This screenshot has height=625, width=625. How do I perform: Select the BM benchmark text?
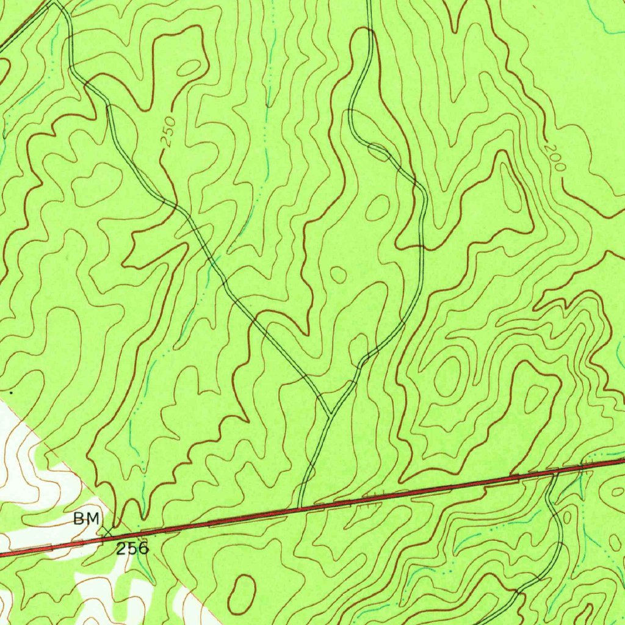click(x=86, y=519)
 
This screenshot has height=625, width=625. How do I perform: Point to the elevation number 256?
click(x=132, y=547)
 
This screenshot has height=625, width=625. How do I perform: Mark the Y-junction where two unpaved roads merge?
click(x=330, y=415)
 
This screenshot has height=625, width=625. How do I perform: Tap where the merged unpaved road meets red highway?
click(x=300, y=507)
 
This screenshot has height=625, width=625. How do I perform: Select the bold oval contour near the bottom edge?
click(x=242, y=593)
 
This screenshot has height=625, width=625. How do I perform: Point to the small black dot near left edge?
click(x=11, y=394)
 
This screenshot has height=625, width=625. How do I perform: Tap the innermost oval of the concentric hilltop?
click(x=447, y=376)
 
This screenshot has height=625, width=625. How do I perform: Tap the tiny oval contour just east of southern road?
click(x=567, y=518)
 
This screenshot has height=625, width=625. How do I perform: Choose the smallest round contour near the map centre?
click(x=338, y=275)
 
